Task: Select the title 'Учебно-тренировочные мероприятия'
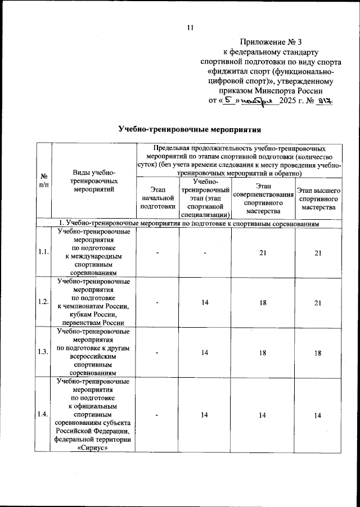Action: pyautogui.click(x=189, y=130)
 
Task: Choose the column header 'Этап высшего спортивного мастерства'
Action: pyautogui.click(x=318, y=200)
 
